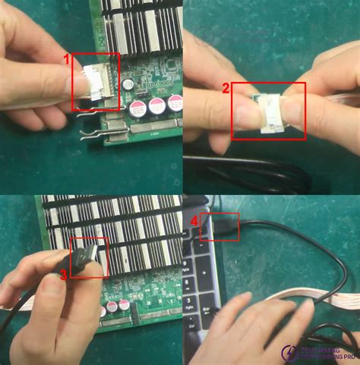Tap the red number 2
point(226,88)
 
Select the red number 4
point(194,222)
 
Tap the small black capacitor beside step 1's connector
point(129,81)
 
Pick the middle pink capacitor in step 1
point(157,105)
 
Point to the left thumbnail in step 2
point(248,115)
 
